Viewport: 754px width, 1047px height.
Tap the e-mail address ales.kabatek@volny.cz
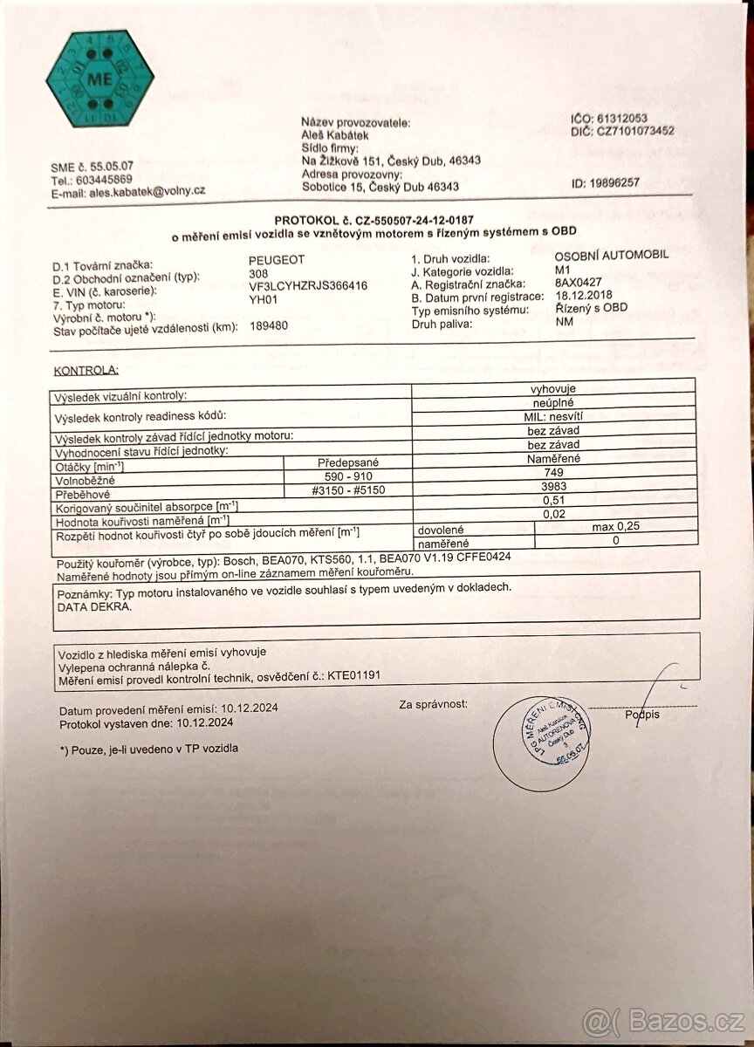(147, 191)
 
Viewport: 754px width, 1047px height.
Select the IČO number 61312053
(623, 119)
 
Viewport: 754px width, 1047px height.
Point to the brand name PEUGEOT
(277, 260)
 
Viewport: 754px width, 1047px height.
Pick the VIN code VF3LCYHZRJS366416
(308, 285)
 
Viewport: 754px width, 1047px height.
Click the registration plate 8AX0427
(579, 284)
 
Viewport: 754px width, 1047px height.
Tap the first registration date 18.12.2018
(586, 296)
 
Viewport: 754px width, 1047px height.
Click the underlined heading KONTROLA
(86, 370)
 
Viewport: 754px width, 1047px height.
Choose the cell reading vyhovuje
(552, 388)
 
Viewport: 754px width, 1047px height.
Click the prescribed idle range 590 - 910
(348, 476)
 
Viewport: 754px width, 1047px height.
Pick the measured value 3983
(553, 486)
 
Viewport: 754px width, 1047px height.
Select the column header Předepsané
(347, 462)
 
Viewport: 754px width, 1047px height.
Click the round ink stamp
(541, 742)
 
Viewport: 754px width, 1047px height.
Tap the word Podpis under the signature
(642, 715)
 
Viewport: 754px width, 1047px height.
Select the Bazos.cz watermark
(663, 1020)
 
